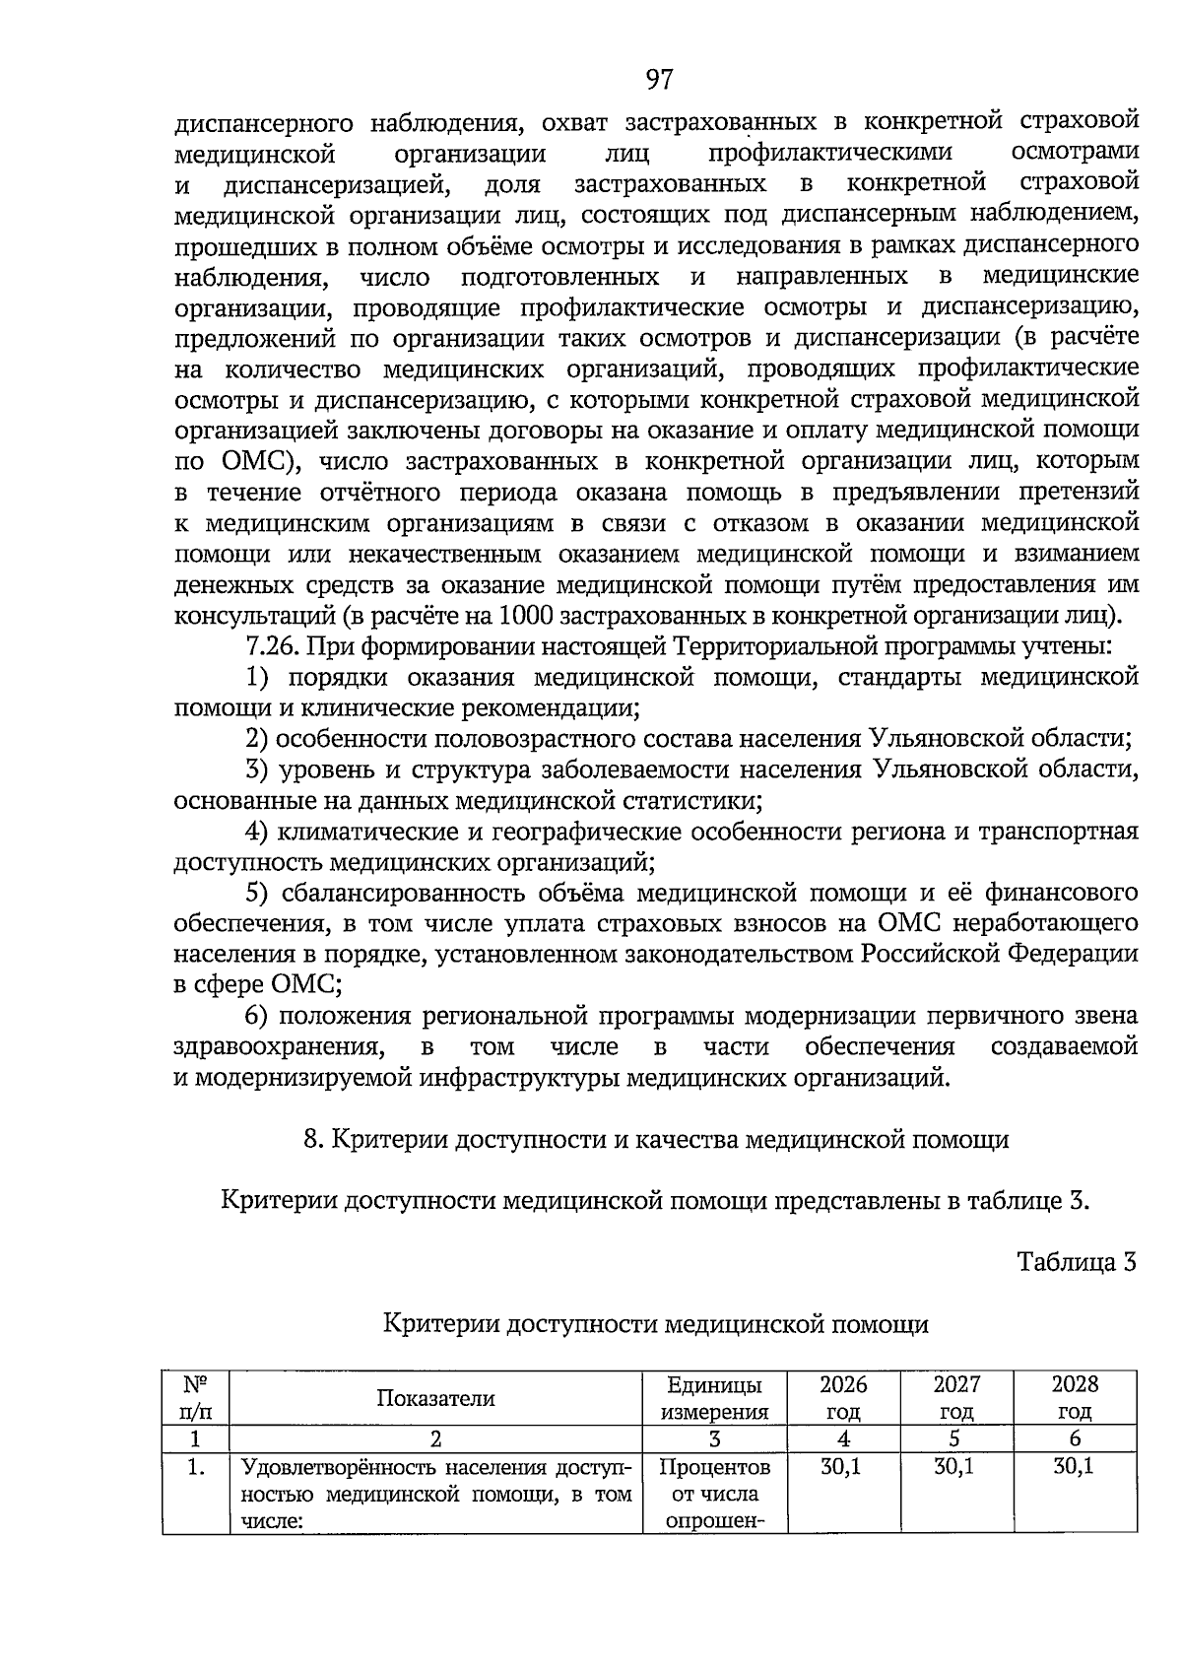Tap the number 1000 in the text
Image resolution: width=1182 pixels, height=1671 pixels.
(x=528, y=616)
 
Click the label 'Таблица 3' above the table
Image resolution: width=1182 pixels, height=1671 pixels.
(x=1077, y=1262)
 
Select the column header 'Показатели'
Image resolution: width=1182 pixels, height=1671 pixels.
(x=435, y=1398)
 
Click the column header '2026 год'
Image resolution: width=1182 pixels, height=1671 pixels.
(x=843, y=1398)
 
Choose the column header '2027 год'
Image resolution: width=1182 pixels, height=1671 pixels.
(x=956, y=1398)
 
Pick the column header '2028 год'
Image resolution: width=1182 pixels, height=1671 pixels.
(x=1075, y=1398)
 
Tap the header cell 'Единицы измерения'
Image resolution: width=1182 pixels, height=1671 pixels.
(x=714, y=1398)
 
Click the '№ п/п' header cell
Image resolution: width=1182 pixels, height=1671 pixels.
(x=196, y=1398)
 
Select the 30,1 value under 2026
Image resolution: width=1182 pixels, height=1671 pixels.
(x=841, y=1467)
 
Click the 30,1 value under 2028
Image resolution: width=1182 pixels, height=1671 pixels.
(x=1074, y=1467)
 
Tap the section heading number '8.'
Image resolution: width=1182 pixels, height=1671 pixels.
(x=313, y=1140)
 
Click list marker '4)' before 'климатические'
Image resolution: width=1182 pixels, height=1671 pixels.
(x=257, y=832)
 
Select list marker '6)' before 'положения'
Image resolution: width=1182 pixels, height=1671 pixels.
(x=257, y=1016)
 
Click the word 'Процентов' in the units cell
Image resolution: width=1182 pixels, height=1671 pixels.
(x=714, y=1468)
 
